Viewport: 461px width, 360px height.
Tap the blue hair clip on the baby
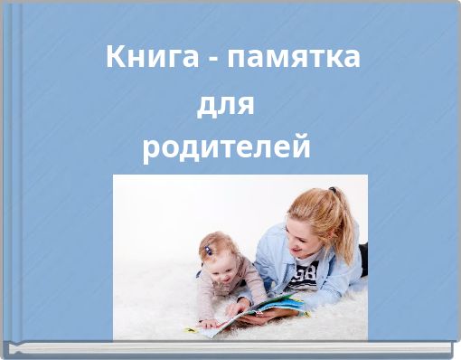pyautogui.click(x=209, y=251)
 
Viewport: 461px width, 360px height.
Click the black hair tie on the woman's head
pyautogui.click(x=332, y=193)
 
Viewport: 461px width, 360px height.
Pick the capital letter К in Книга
pyautogui.click(x=116, y=57)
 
